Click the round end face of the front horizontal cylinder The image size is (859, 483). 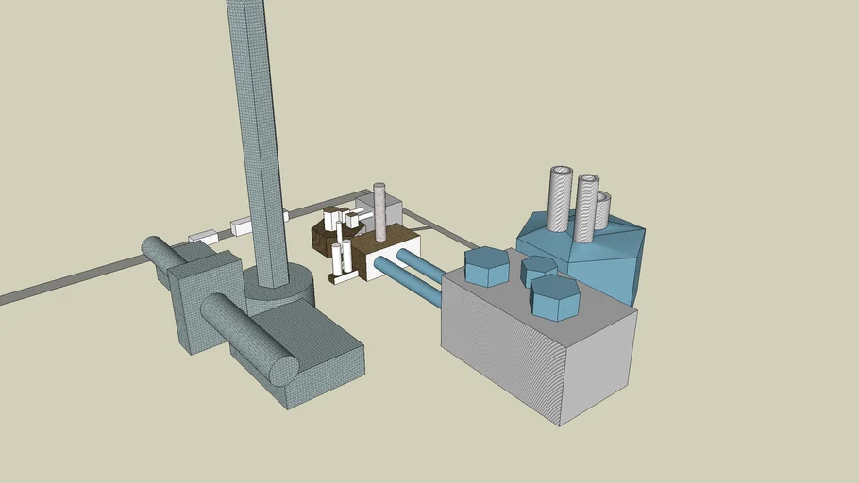pyautogui.click(x=283, y=369)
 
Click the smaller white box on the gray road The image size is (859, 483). pyautogui.click(x=202, y=237)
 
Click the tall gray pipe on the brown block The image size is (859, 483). pyautogui.click(x=380, y=212)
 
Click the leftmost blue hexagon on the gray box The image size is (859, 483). pyautogui.click(x=488, y=267)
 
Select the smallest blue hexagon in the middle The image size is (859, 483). pyautogui.click(x=538, y=270)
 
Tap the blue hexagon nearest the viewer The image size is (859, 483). pyautogui.click(x=554, y=297)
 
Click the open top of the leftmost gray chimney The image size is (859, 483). pyautogui.click(x=561, y=172)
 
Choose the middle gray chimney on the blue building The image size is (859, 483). pyautogui.click(x=587, y=208)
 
